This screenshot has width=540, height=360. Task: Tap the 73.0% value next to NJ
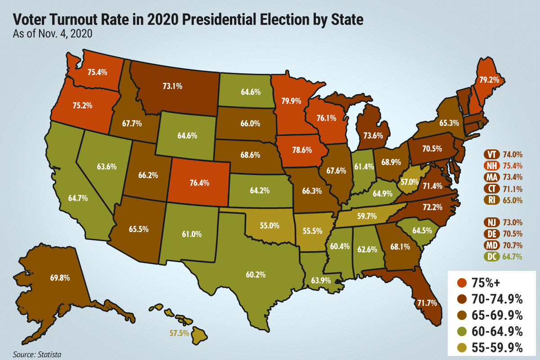[x=513, y=222]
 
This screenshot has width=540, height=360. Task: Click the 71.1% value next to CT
[x=513, y=188]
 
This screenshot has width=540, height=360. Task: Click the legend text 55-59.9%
[x=498, y=347]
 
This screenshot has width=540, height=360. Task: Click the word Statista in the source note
[x=49, y=355]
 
